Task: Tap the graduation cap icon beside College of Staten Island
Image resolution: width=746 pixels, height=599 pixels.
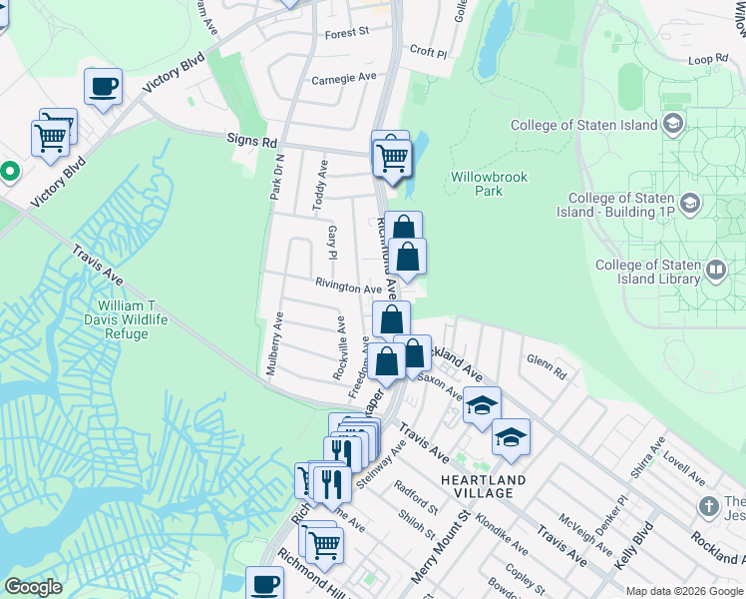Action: (673, 124)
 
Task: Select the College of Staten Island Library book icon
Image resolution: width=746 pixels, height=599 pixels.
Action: (715, 270)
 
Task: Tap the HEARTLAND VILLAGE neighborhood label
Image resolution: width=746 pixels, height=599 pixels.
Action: (484, 486)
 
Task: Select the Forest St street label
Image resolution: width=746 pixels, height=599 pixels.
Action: (347, 33)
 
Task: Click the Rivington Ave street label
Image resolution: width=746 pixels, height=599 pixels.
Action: (349, 289)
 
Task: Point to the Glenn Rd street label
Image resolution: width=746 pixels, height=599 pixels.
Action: (547, 365)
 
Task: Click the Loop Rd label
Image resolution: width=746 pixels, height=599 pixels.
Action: (708, 60)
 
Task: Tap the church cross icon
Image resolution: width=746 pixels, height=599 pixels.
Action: (708, 506)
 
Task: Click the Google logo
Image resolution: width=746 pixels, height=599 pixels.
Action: (33, 587)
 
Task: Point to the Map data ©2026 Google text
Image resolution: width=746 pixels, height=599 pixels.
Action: (683, 591)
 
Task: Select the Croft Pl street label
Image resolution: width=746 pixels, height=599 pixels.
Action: (428, 50)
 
